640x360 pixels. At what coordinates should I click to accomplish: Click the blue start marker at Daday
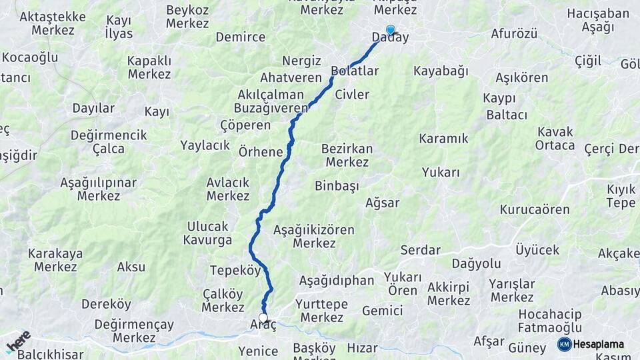390,30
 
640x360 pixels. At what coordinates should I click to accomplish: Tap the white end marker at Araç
263,318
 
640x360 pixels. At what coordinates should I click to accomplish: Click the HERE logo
18,341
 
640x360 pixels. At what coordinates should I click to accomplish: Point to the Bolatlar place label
355,71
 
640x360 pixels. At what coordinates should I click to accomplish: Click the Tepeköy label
235,270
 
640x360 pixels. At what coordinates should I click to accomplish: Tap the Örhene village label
261,151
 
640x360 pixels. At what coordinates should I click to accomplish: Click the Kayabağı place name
441,71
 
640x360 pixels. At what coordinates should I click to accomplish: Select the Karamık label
443,139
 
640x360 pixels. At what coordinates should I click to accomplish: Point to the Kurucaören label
535,209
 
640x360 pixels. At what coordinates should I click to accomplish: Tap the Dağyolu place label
476,263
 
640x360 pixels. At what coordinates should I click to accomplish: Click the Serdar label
420,250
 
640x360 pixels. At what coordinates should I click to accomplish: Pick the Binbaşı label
337,186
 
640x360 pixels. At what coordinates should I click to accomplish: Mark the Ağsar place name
383,203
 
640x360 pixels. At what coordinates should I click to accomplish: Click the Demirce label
241,37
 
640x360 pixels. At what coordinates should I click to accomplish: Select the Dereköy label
106,304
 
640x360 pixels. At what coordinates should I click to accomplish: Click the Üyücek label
537,249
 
